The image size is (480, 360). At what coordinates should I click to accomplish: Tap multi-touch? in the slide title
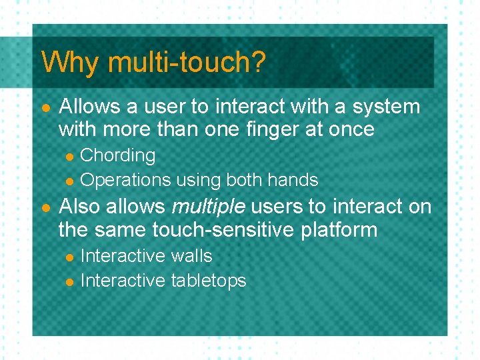[x=186, y=63]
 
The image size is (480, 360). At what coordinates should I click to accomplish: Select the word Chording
[x=117, y=156]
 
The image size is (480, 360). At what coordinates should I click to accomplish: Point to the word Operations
[x=125, y=180]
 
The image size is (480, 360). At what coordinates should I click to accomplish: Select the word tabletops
[x=209, y=281]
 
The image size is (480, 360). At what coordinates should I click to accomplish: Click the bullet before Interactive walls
[x=70, y=257]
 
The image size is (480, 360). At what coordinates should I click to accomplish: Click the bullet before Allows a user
[x=45, y=108]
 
